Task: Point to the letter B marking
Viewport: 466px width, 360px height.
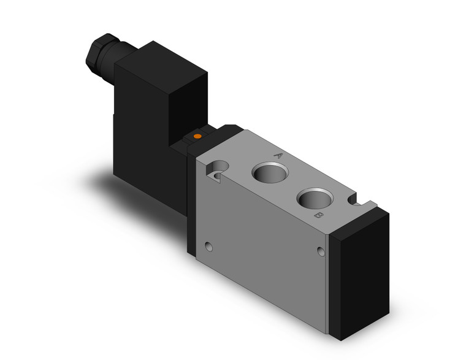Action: (x=318, y=216)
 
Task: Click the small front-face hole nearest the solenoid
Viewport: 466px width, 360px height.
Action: (x=210, y=247)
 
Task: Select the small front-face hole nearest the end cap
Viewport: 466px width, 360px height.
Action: (x=320, y=251)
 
